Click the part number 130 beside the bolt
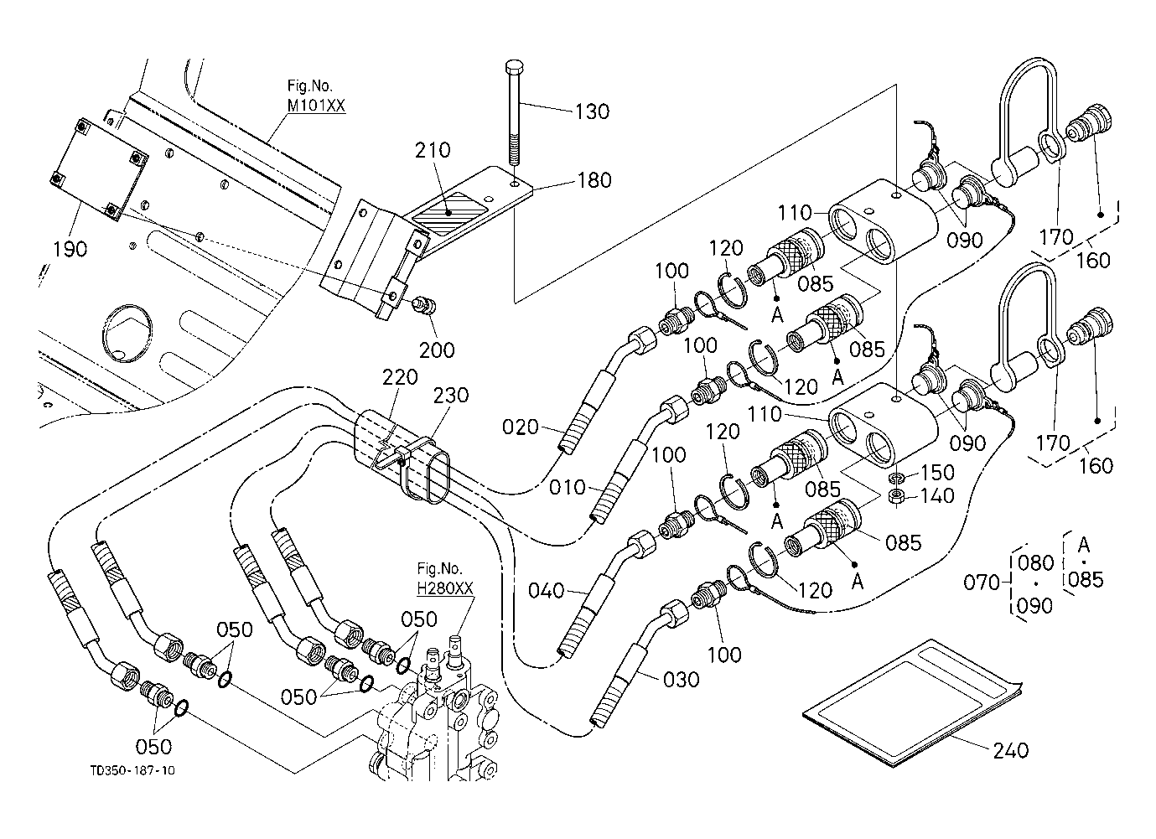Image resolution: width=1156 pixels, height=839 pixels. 592,111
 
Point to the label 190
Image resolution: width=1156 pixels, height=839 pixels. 70,249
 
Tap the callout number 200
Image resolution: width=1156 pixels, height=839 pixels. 437,349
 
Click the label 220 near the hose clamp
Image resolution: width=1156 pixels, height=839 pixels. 400,378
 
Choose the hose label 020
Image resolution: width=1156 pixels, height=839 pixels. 521,428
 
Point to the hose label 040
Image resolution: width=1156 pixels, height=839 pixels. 547,591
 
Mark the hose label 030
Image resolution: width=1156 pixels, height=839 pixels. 681,680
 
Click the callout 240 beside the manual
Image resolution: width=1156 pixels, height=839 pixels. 1010,750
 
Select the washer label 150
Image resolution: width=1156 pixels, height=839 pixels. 937,475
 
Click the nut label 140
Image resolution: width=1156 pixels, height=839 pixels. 936,497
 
